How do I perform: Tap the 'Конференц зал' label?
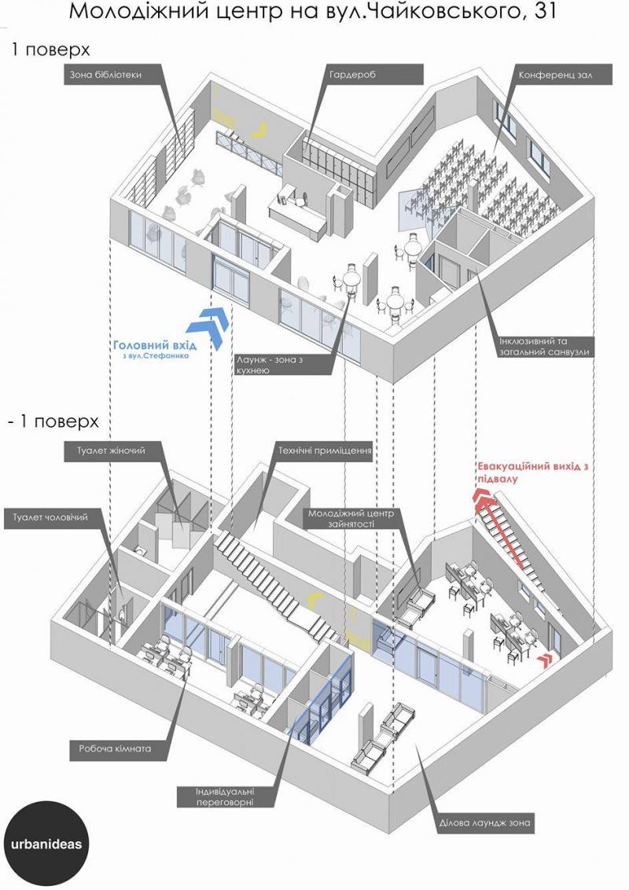(x=555, y=75)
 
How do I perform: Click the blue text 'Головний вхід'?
(x=155, y=345)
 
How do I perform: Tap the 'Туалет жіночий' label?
(x=112, y=451)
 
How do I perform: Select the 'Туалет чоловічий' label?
(x=50, y=518)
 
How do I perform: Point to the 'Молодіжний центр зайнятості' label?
(x=350, y=518)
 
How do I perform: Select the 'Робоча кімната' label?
(x=116, y=748)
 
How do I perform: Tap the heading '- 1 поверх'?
(x=53, y=421)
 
